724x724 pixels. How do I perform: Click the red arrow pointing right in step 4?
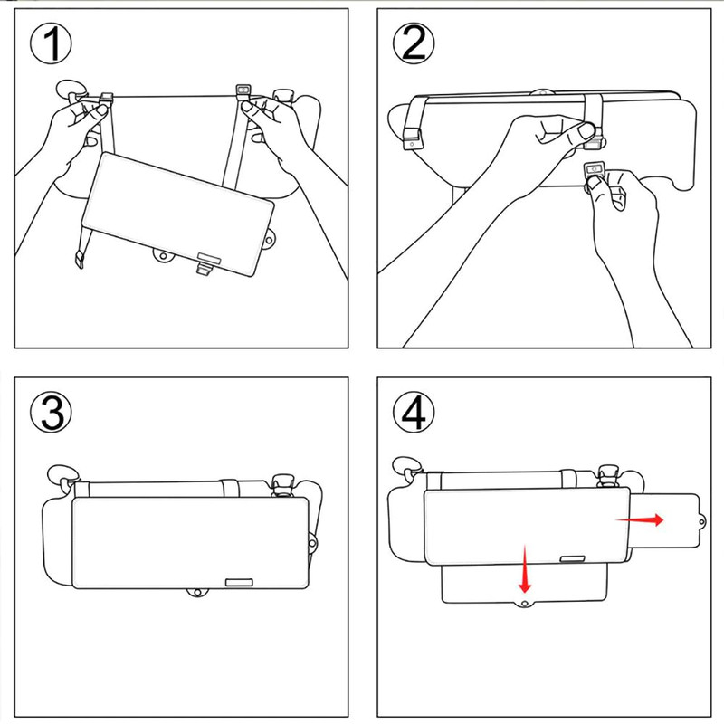pyautogui.click(x=640, y=519)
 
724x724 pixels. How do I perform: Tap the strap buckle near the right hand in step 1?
pyautogui.click(x=242, y=92)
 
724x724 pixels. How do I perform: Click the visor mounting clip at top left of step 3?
pyautogui.click(x=62, y=474)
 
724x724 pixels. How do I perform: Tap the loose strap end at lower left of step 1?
pyautogui.click(x=80, y=259)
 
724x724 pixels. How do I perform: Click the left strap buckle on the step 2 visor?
pyautogui.click(x=413, y=141)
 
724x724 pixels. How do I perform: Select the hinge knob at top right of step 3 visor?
pyautogui.click(x=283, y=482)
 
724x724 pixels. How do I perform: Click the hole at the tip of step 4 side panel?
pyautogui.click(x=703, y=521)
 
